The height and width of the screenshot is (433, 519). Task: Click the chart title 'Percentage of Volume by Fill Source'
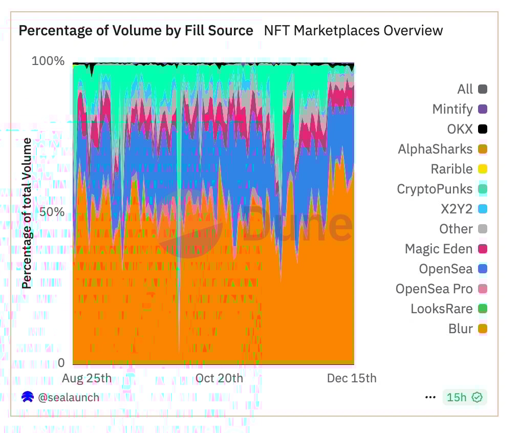136,31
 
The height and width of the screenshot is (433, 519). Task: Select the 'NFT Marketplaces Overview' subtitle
353,31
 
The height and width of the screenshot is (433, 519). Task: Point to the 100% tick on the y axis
48,61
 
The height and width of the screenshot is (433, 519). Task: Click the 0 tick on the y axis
61,363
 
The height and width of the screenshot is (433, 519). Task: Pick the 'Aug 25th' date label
86,378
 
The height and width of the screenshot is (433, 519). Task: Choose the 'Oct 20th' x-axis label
220,378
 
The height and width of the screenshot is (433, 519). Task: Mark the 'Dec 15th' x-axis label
352,378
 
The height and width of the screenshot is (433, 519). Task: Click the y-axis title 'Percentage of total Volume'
27,212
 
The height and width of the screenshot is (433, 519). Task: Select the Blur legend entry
461,329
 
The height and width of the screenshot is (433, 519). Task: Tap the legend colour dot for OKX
482,129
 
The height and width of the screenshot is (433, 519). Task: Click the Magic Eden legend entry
439,249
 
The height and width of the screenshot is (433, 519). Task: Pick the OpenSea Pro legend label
434,289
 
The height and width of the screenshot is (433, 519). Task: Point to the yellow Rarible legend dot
482,169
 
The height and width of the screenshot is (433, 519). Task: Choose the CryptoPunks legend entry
435,189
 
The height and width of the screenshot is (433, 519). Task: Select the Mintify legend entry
452,109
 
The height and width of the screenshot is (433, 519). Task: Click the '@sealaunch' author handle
69,397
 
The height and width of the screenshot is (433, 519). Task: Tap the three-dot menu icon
430,397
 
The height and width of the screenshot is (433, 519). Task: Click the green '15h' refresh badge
464,397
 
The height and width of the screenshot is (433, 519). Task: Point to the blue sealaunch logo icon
28,397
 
